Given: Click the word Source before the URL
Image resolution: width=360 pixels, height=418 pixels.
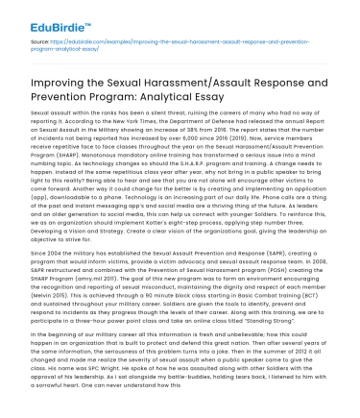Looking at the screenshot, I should [x=41, y=43].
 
